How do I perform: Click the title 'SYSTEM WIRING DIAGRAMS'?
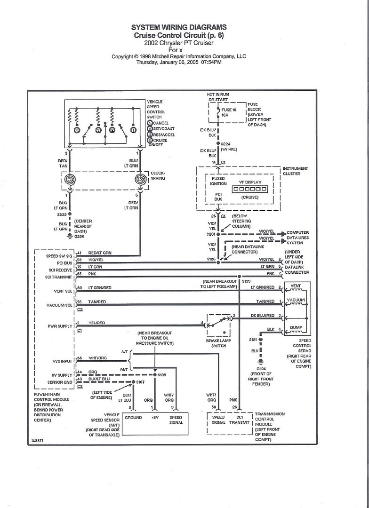pyautogui.click(x=178, y=27)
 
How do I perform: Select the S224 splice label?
pyautogui.click(x=226, y=144)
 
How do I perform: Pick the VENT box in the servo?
pyautogui.click(x=296, y=286)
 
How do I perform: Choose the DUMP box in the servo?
pyautogui.click(x=296, y=328)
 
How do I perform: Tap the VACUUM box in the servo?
pyautogui.click(x=296, y=300)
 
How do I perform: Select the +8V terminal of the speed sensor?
pyautogui.click(x=155, y=417)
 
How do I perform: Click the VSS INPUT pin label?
pyautogui.click(x=60, y=361)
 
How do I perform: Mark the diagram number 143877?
pyautogui.click(x=39, y=441)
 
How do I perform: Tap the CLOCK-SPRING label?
pyautogui.click(x=158, y=176)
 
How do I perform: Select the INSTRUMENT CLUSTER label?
pyautogui.click(x=295, y=171)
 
